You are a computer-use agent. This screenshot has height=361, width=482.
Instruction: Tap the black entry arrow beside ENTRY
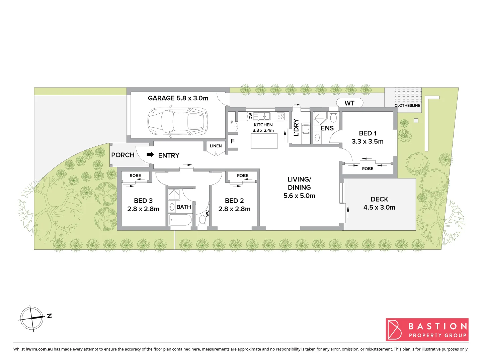pyautogui.click(x=150, y=154)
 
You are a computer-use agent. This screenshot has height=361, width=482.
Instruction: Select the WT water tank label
pyautogui.click(x=349, y=103)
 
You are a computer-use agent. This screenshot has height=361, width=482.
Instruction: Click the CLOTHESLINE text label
pyautogui.click(x=407, y=105)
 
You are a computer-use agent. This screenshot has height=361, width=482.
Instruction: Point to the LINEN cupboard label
pyautogui.click(x=216, y=146)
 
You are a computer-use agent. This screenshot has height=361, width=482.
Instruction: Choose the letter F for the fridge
pyautogui.click(x=233, y=141)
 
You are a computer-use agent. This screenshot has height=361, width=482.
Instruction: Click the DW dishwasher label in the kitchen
pyautogui.click(x=250, y=116)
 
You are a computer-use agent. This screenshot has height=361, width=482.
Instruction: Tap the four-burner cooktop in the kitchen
pyautogui.click(x=280, y=116)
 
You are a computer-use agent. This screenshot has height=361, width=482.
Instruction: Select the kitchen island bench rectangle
pyautogui.click(x=264, y=141)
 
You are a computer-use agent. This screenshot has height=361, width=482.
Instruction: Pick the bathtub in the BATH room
pyautogui.click(x=180, y=220)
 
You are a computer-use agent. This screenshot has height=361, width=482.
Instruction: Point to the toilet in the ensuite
pyautogui.click(x=333, y=118)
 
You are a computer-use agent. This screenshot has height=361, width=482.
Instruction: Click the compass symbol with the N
pyautogui.click(x=32, y=318)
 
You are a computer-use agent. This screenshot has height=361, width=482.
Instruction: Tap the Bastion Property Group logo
pyautogui.click(x=427, y=330)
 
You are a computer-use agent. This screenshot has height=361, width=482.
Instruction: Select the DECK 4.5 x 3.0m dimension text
pyautogui.click(x=379, y=208)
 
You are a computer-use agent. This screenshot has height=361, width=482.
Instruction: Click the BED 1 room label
pyautogui.click(x=368, y=133)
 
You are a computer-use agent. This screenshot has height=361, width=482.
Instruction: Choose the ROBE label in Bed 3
pyautogui.click(x=135, y=175)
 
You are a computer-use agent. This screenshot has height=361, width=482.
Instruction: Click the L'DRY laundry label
pyautogui.click(x=296, y=127)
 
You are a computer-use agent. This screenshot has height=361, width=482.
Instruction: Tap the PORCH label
pyautogui.click(x=123, y=155)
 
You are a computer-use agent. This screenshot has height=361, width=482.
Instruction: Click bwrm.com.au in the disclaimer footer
pyautogui.click(x=39, y=349)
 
